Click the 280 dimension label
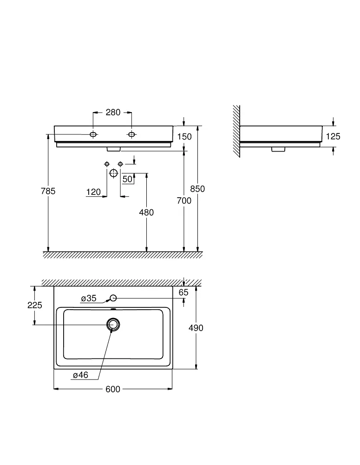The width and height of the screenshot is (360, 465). pyautogui.click(x=113, y=112)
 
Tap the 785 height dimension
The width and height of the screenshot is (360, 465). pyautogui.click(x=48, y=191)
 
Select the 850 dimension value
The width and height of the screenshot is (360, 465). pyautogui.click(x=198, y=189)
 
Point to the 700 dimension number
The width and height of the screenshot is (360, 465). pyautogui.click(x=184, y=200)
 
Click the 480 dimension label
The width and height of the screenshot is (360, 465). pyautogui.click(x=147, y=213)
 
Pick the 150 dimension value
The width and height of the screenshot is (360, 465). pyautogui.click(x=184, y=136)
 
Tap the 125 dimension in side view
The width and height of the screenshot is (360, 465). pyautogui.click(x=333, y=136)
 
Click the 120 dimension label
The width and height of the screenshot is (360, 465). pyautogui.click(x=94, y=192)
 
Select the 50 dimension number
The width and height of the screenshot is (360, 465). pyautogui.click(x=127, y=179)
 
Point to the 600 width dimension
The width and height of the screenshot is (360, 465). pyautogui.click(x=113, y=389)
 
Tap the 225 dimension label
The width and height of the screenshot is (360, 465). pyautogui.click(x=35, y=305)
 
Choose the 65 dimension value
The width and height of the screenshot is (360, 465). pyautogui.click(x=184, y=292)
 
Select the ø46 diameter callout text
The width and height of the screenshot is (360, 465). pyautogui.click(x=80, y=375)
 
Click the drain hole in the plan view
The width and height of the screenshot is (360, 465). pyautogui.click(x=113, y=325)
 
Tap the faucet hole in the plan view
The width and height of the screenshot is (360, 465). pyautogui.click(x=113, y=298)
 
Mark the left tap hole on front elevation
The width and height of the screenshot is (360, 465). pyautogui.click(x=93, y=135)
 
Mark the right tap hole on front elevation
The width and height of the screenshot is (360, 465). pyautogui.click(x=131, y=135)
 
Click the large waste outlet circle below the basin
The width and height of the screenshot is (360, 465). pyautogui.click(x=114, y=173)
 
